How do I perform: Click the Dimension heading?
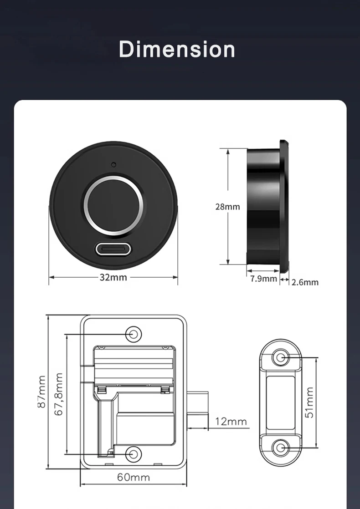click(x=177, y=49)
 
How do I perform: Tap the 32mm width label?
click(x=113, y=278)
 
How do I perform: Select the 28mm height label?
click(x=227, y=207)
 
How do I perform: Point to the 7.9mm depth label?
click(x=263, y=279)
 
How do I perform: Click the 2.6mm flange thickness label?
click(x=305, y=282)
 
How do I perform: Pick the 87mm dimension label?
click(x=41, y=392)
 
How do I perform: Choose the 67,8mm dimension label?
click(x=58, y=394)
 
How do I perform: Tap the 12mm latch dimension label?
click(x=231, y=421)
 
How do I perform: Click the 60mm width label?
click(x=134, y=477)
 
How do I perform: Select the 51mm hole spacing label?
click(x=309, y=402)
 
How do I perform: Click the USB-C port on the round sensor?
click(x=113, y=249)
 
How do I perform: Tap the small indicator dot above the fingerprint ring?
click(x=113, y=164)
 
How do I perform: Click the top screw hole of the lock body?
click(x=134, y=334)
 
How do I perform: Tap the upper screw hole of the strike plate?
click(x=280, y=358)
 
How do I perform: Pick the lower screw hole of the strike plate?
click(x=280, y=448)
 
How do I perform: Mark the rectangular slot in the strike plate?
click(x=280, y=403)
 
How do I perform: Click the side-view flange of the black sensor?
click(x=284, y=206)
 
